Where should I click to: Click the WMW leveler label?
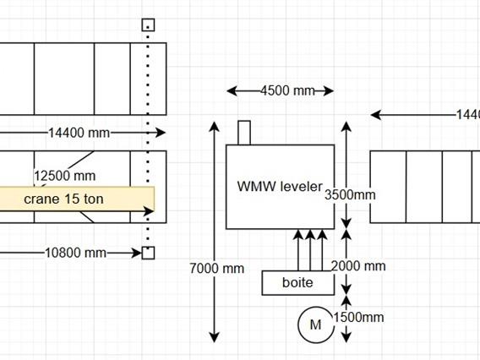click(x=279, y=186)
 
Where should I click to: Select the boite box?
click(x=297, y=282)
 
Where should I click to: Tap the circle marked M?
click(x=315, y=325)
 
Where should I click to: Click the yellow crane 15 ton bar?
click(x=76, y=199)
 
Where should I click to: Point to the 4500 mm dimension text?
click(x=280, y=91)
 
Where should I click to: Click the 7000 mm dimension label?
click(x=218, y=269)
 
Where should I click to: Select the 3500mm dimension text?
click(x=350, y=194)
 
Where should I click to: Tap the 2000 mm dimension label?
click(x=358, y=266)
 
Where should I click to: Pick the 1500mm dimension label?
click(x=359, y=318)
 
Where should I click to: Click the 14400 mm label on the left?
click(x=79, y=133)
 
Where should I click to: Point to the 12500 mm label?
click(x=65, y=176)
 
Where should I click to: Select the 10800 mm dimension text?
click(x=76, y=253)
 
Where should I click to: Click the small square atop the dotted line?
click(x=148, y=25)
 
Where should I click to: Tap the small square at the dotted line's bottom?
click(x=148, y=253)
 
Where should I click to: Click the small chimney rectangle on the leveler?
click(x=244, y=133)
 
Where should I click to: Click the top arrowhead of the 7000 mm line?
click(x=214, y=126)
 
